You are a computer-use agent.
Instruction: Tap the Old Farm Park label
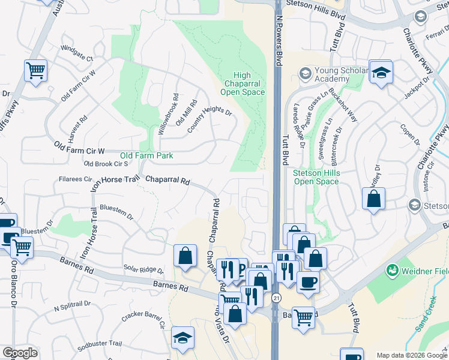(x=146, y=155)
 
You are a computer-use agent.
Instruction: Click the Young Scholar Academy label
(x=332, y=74)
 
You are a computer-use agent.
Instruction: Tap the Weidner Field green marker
(x=393, y=271)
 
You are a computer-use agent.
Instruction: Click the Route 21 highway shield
(x=276, y=298)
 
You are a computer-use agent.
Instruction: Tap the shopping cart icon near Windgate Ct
(x=35, y=70)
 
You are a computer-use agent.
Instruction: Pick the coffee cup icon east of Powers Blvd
(x=307, y=281)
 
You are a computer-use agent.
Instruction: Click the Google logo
(x=20, y=353)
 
